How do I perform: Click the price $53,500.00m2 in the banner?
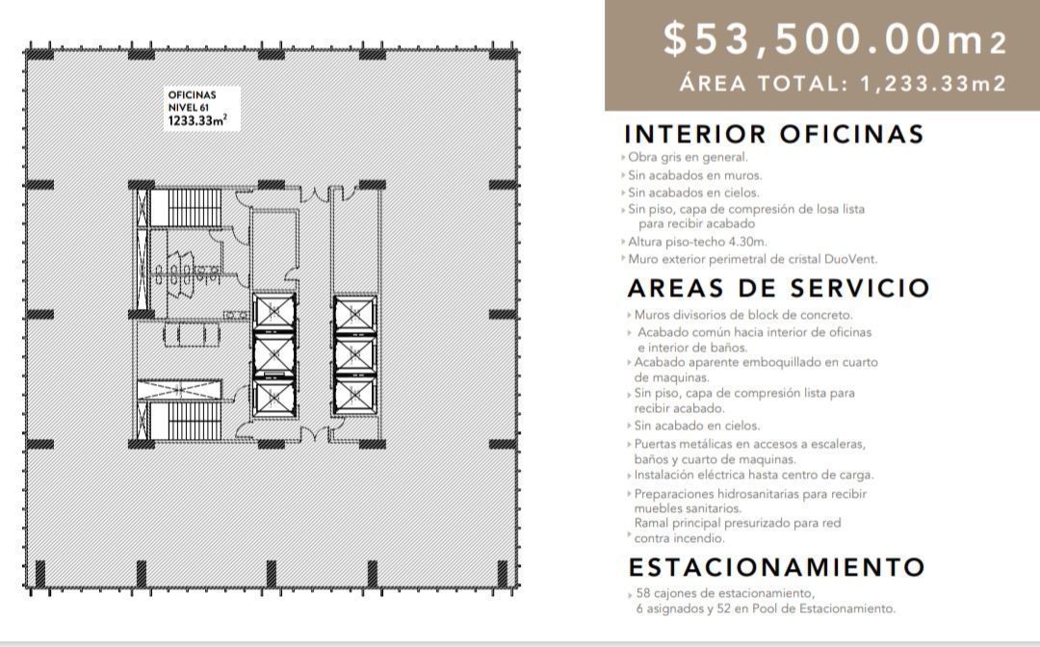click(835, 39)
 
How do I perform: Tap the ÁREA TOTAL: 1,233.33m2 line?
click(843, 84)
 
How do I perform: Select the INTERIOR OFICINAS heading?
click(774, 134)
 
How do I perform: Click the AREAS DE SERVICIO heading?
click(778, 288)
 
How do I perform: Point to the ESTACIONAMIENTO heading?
click(776, 566)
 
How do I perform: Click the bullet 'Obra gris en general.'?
click(688, 157)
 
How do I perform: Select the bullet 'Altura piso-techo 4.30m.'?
click(697, 242)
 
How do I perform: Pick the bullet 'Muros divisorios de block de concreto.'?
click(743, 315)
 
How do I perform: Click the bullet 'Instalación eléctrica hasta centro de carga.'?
click(754, 475)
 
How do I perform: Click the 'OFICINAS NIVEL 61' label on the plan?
click(192, 101)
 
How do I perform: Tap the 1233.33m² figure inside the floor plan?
click(197, 121)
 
